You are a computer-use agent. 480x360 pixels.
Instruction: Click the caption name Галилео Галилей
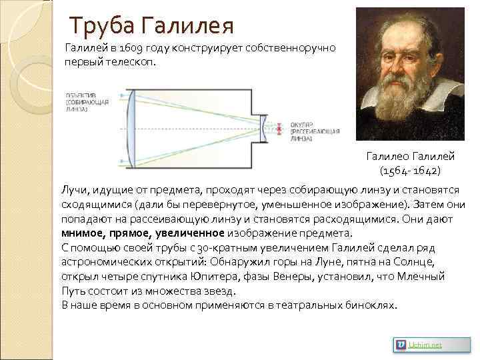coord(410,156)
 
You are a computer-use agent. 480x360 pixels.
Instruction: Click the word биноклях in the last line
coord(373,305)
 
